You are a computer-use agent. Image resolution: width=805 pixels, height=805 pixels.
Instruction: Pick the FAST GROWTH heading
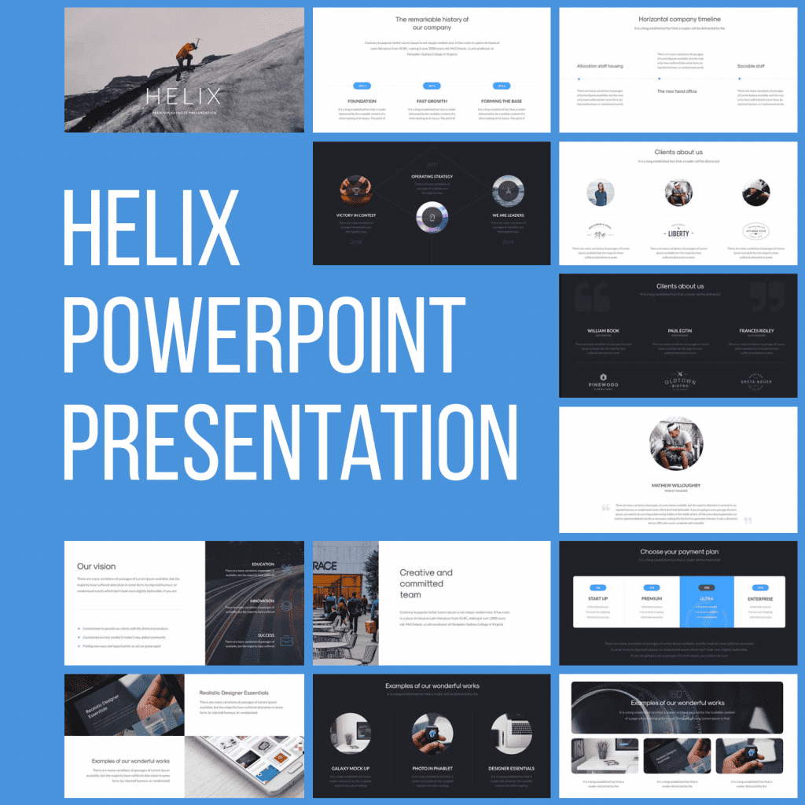coord(432,101)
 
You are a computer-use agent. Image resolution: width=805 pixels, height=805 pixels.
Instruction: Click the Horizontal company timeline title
coord(679,19)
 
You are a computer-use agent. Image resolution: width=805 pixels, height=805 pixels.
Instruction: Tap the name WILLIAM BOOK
coord(603,331)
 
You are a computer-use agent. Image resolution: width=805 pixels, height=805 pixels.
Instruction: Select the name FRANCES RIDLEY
coord(756,331)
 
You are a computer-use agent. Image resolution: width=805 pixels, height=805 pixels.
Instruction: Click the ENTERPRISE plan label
coord(760,599)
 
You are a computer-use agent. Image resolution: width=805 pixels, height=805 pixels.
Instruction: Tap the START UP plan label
coord(597,599)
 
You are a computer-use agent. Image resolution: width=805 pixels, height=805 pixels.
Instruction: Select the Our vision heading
coord(97,566)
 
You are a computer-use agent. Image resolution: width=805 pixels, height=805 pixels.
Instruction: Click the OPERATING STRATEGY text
coord(432,177)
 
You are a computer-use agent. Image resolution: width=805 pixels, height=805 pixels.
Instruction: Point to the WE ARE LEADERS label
coord(508,215)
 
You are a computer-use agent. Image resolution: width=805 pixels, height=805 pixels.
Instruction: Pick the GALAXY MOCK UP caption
coord(351,768)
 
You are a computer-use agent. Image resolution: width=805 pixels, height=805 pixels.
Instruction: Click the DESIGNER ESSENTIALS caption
coord(512,768)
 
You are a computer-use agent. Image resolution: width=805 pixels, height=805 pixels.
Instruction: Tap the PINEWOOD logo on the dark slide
coord(603,384)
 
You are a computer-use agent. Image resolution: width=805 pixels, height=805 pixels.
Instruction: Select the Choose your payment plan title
coord(679,552)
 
